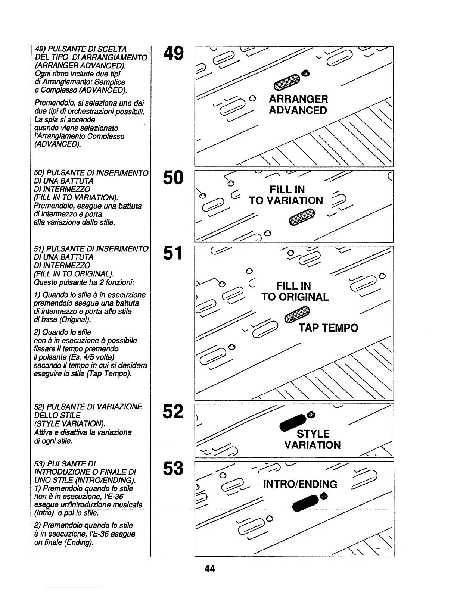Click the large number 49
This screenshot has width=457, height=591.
tap(173, 54)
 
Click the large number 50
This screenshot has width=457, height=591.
tap(173, 178)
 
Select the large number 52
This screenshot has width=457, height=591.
tap(173, 412)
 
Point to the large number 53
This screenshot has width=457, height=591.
tap(173, 469)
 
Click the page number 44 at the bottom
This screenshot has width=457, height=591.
tap(210, 569)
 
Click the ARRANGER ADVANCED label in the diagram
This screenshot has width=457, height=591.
tap(298, 105)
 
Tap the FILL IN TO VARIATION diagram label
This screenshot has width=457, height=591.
tap(286, 195)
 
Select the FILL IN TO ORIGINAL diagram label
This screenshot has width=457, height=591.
tap(295, 291)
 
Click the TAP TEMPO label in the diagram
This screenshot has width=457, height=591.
tap(328, 328)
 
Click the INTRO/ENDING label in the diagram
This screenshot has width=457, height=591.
tap(300, 485)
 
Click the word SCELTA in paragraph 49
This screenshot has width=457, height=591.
tap(114, 49)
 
